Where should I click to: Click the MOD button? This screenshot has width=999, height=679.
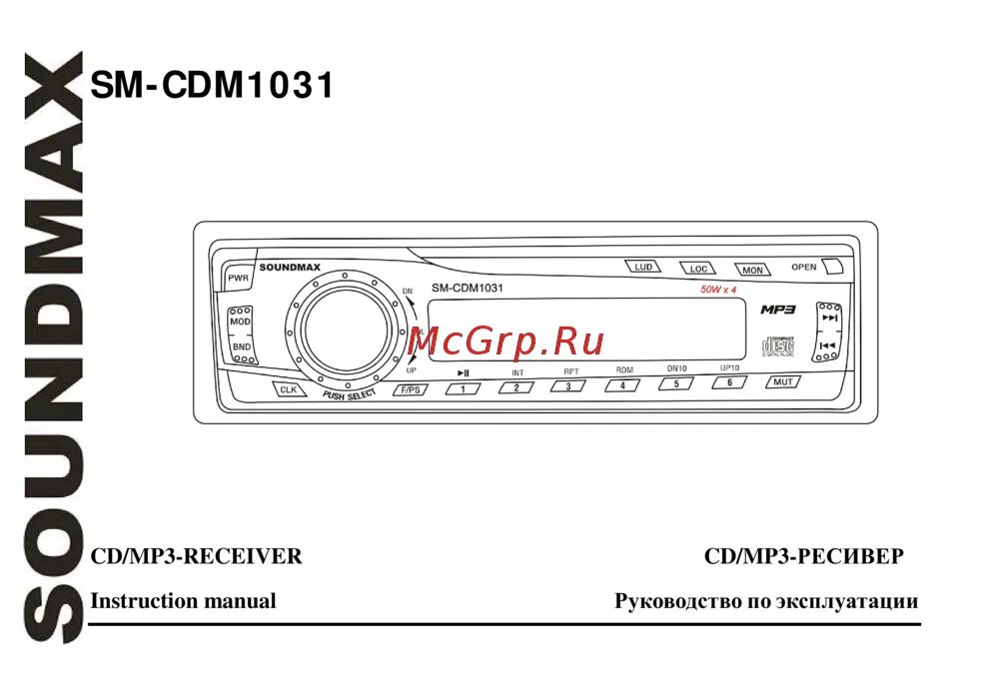[x=241, y=323]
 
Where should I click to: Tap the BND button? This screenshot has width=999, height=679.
[x=242, y=347]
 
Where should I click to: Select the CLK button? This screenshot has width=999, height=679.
[x=289, y=389]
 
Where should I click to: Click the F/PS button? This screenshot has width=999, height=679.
[x=410, y=389]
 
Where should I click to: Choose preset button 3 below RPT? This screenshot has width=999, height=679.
[x=567, y=386]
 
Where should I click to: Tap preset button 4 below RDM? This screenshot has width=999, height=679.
[x=622, y=384]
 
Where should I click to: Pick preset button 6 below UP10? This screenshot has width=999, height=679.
[x=729, y=382]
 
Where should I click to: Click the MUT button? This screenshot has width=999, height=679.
[x=782, y=381]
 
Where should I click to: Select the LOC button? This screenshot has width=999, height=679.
[x=698, y=269]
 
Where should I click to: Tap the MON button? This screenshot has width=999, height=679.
[x=751, y=270]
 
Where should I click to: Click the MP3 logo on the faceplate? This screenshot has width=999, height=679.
[x=777, y=310]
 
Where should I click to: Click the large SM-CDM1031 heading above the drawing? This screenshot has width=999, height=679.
[x=212, y=86]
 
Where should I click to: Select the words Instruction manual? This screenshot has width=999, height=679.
[x=183, y=601]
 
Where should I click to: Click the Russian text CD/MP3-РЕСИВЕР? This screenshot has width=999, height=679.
[x=803, y=557]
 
